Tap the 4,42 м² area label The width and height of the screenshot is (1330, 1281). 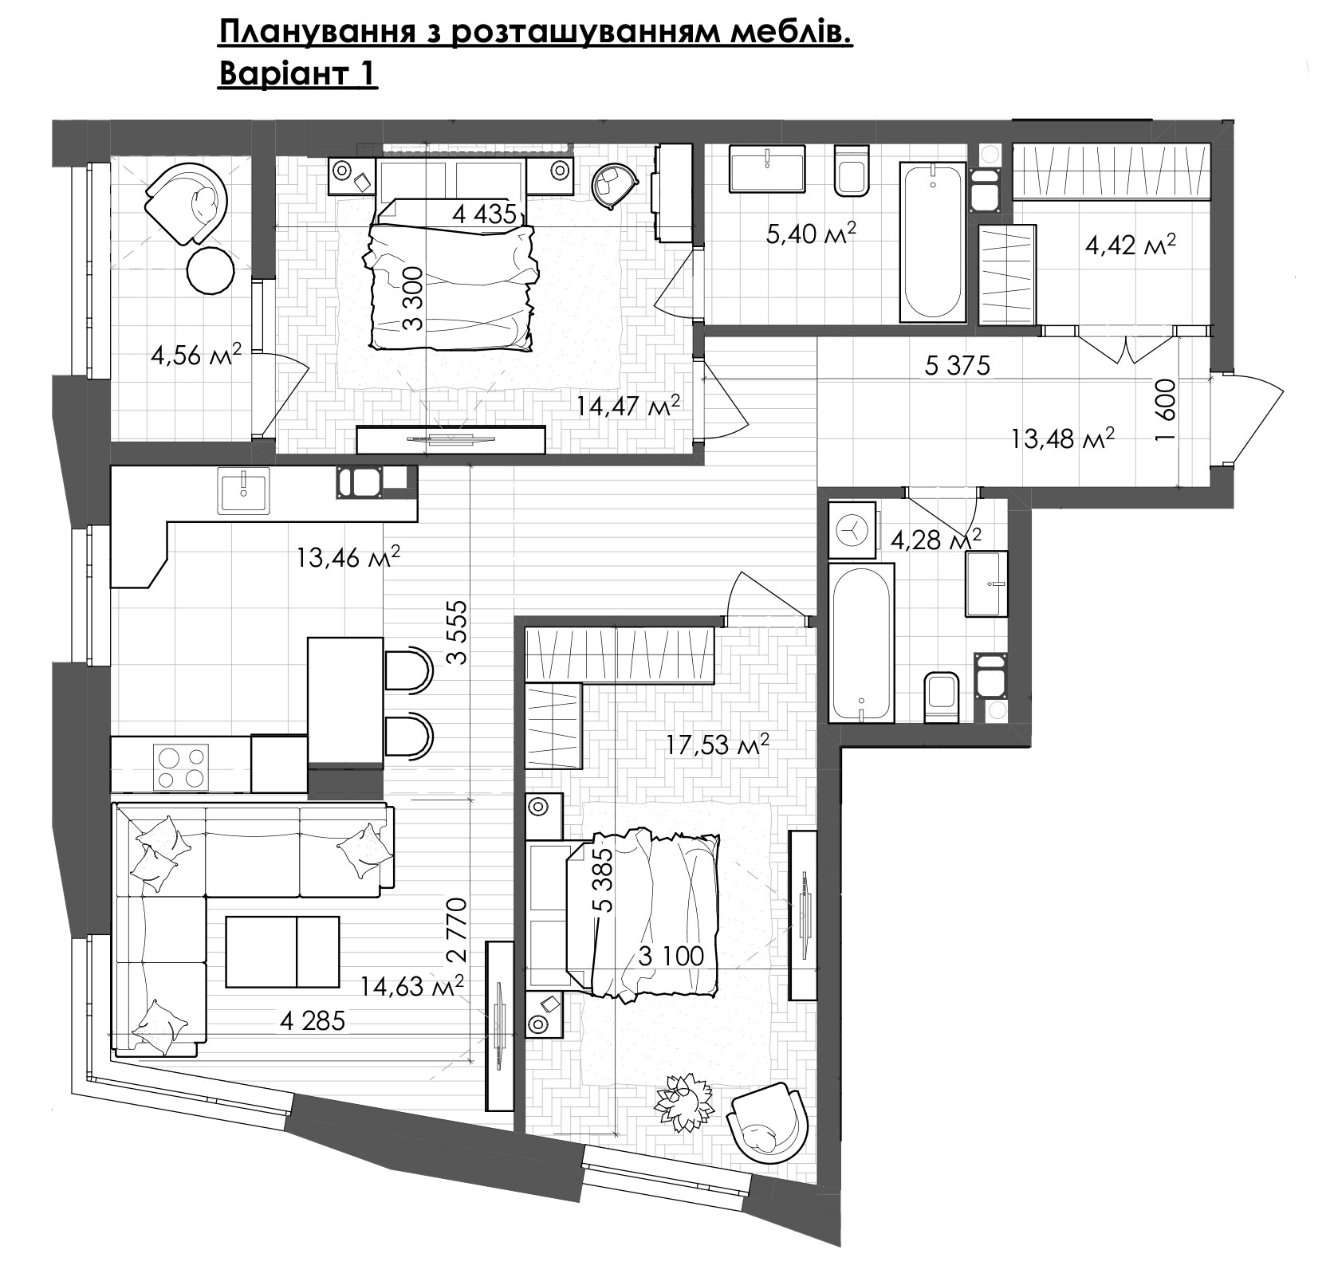pos(1131,245)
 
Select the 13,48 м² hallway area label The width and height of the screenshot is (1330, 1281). pos(1062,438)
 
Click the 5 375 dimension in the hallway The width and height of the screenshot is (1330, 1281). pos(957,366)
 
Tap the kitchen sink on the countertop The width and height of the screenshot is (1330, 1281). pos(243,489)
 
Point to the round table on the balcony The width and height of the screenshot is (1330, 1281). pos(211,271)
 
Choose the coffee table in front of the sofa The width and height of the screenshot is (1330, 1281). pos(282,952)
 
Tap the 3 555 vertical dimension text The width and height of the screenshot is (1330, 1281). pos(456,631)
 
